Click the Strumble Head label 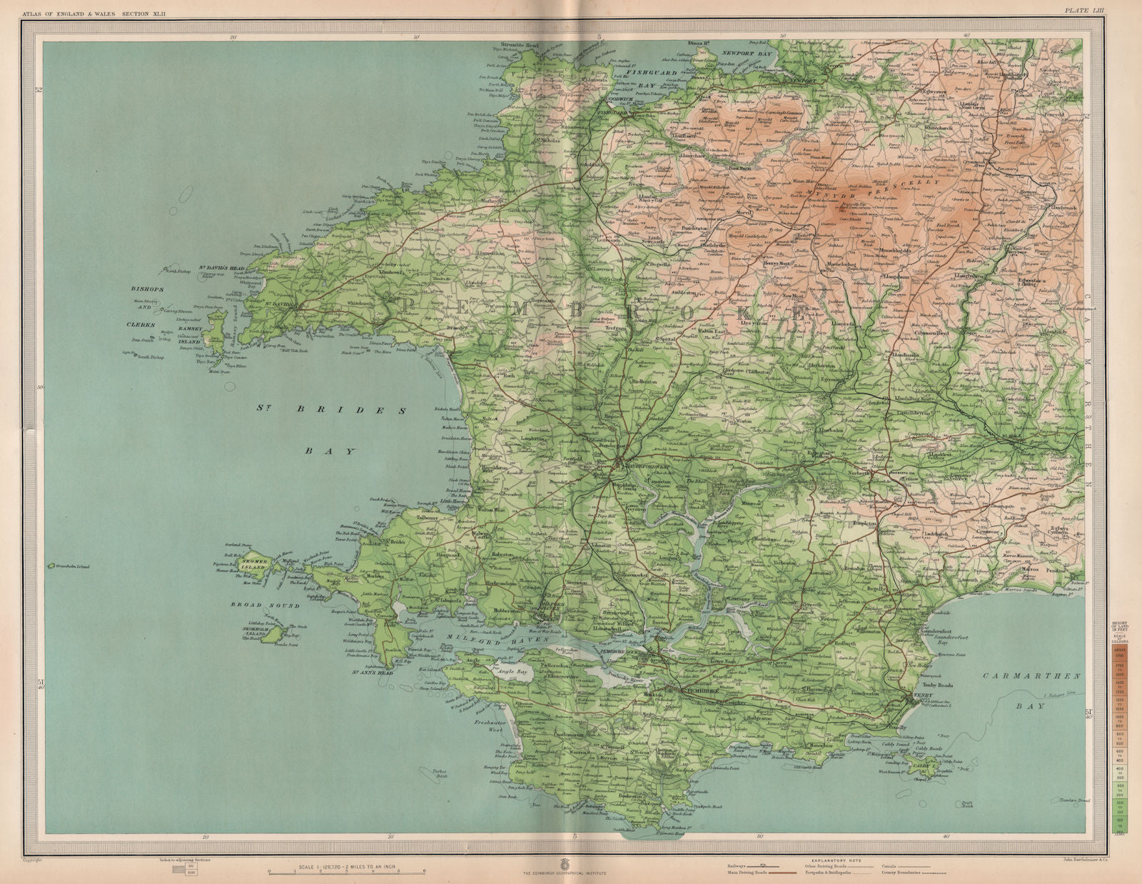[520, 45]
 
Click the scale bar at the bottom [345, 872]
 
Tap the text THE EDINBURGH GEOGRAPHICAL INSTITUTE [565, 873]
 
